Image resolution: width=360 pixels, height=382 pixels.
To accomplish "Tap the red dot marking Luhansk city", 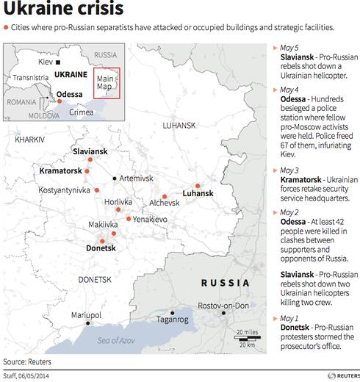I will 198,186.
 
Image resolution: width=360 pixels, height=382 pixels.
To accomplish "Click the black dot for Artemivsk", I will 114,179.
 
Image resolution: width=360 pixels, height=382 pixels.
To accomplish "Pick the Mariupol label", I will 85,314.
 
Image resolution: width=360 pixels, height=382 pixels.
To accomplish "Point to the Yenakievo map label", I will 151,219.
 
